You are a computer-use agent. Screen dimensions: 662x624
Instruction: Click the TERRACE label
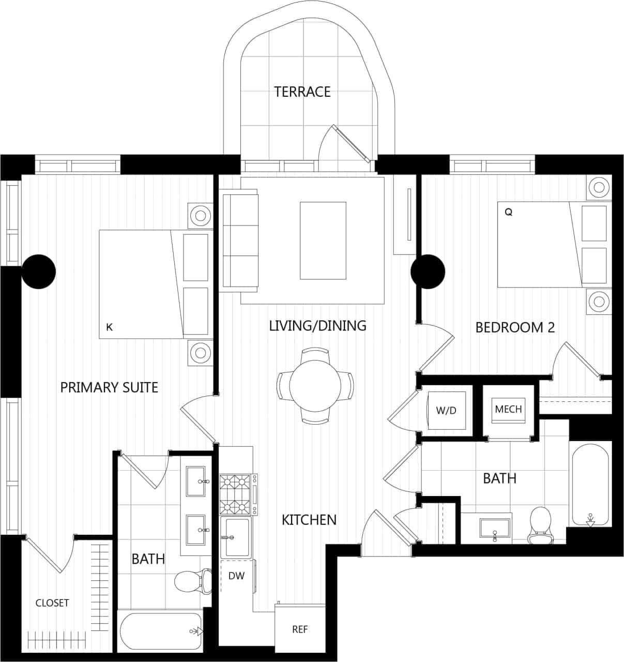pos(302,92)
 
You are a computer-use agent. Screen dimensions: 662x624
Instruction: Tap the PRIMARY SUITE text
pos(109,387)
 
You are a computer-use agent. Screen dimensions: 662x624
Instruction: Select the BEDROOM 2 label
pos(514,327)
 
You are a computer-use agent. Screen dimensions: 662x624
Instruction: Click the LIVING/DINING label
pos(317,326)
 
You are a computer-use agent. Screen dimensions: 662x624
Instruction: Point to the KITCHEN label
pos(309,520)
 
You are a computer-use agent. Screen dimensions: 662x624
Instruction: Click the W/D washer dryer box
pos(446,411)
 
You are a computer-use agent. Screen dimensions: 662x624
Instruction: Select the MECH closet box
pos(508,409)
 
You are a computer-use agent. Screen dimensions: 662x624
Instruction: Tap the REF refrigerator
pos(300,629)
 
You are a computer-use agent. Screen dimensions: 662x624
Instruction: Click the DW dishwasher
pos(236,576)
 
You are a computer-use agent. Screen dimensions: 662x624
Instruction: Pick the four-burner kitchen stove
pos(238,494)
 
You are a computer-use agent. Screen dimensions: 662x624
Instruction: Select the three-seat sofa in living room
pos(240,240)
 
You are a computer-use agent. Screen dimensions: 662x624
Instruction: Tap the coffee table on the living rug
pos(323,240)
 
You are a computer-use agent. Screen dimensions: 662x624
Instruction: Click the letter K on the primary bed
pos(109,327)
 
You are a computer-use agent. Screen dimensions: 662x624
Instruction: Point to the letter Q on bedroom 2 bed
pos(508,212)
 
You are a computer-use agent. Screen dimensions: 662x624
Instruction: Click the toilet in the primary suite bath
pos(192,581)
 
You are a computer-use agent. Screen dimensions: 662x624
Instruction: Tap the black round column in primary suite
pos(39,271)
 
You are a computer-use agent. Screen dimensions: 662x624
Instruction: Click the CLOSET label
pos(52,603)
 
